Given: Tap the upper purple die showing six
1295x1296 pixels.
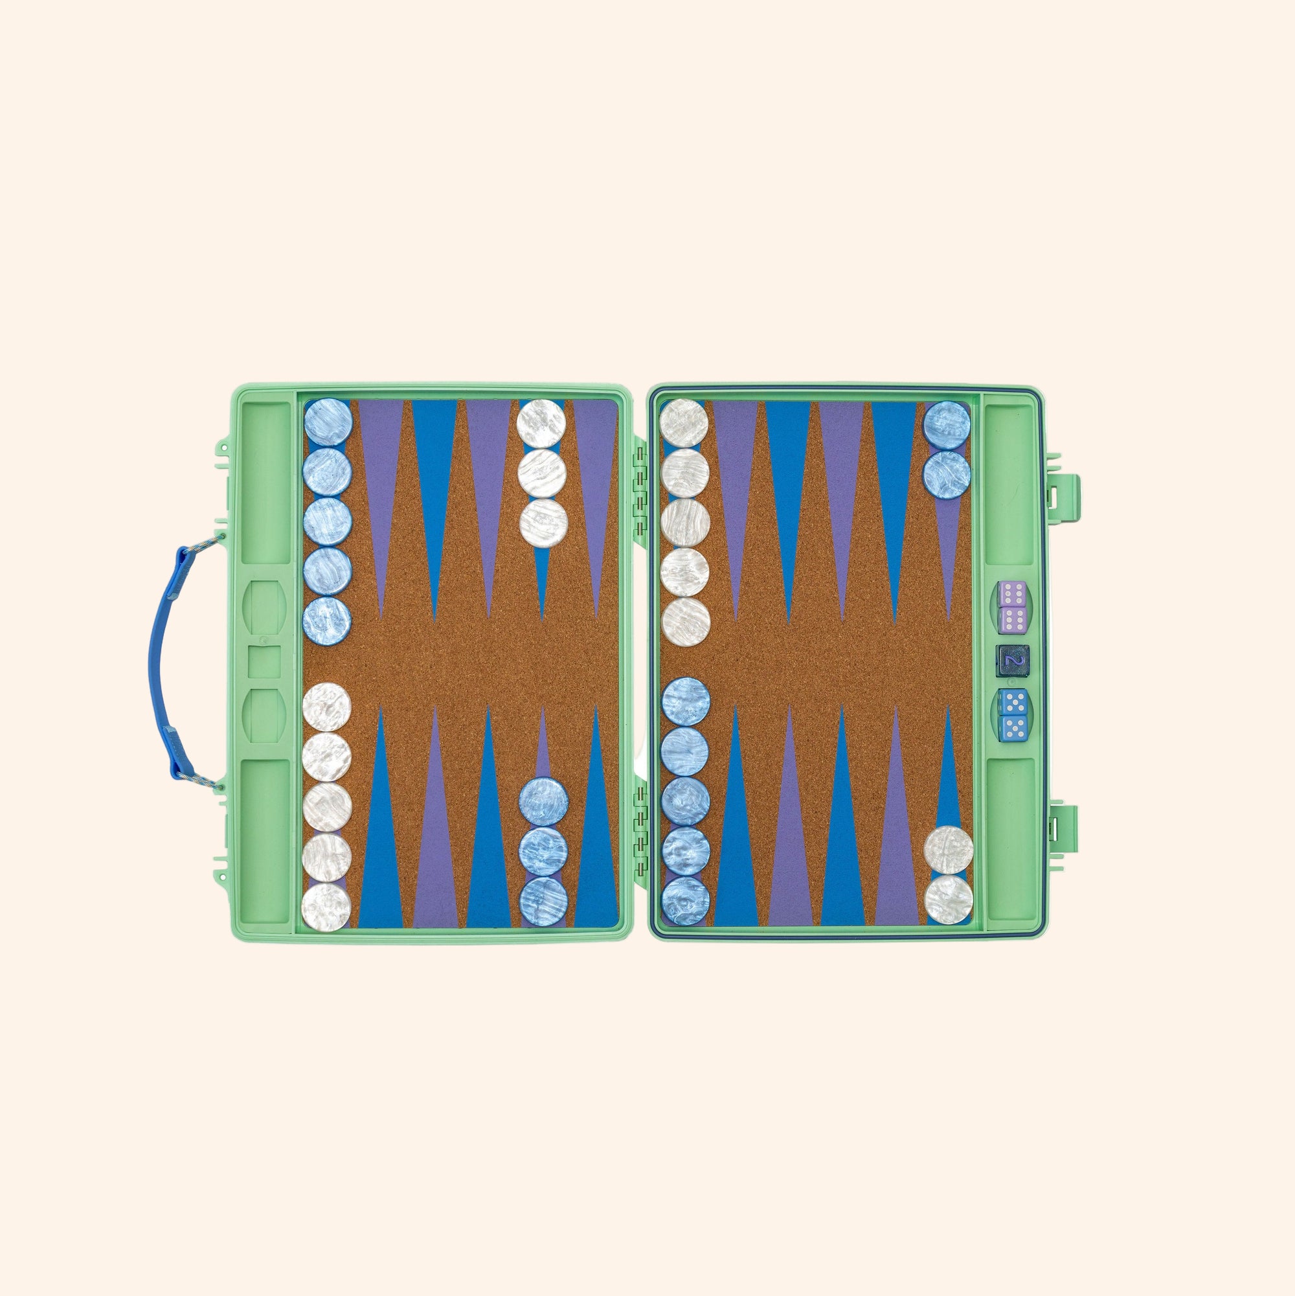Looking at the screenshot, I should (1011, 595).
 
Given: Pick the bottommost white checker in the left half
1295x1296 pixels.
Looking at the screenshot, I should (326, 907).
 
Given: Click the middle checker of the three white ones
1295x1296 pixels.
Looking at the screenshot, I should (542, 473).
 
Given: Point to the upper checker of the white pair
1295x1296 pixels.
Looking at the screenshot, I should (949, 850).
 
